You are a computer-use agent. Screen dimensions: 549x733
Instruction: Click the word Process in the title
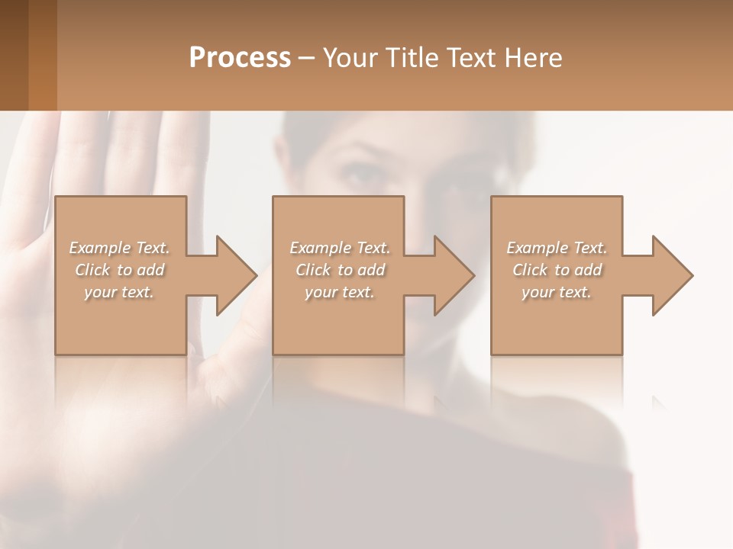pos(240,58)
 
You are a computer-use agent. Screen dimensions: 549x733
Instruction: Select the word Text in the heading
pos(471,58)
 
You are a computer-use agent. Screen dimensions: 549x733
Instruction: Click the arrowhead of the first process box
pos(237,275)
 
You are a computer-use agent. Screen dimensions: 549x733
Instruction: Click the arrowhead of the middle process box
pos(454,275)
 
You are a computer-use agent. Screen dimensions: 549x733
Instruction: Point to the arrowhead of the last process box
pos(673,275)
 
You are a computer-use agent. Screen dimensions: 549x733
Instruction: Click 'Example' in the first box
pos(100,248)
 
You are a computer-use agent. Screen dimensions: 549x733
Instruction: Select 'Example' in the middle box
pos(320,248)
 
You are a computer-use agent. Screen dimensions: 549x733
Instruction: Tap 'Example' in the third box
pos(537,248)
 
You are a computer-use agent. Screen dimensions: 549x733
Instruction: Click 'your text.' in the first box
pos(120,292)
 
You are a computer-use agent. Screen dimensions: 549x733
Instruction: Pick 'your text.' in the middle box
pos(340,292)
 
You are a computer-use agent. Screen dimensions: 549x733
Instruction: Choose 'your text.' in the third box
pos(557,292)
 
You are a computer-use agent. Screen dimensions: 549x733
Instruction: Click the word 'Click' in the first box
pos(92,270)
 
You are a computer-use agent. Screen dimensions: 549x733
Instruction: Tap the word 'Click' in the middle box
pos(312,270)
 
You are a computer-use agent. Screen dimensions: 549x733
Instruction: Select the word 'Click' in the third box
pos(529,270)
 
